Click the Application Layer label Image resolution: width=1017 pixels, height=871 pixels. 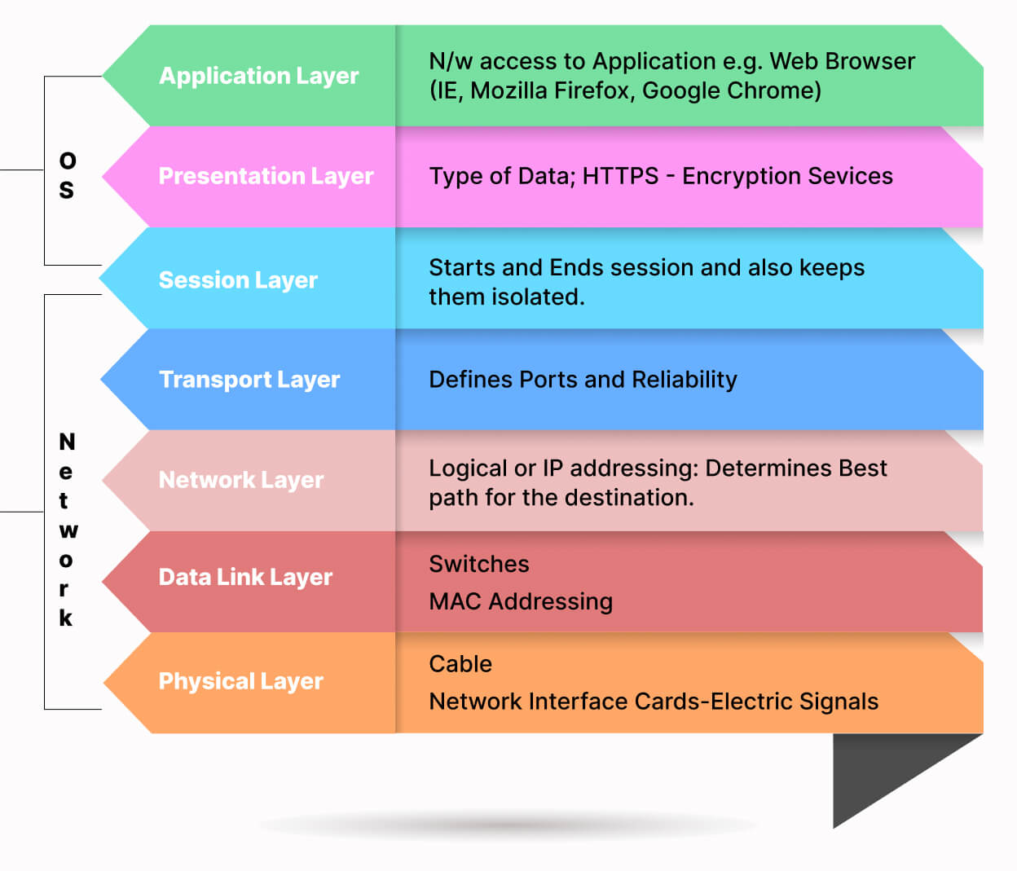(258, 76)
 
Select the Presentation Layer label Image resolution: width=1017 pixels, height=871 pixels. (266, 176)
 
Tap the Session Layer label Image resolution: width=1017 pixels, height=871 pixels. (238, 279)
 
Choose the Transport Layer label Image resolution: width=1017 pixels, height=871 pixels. (249, 380)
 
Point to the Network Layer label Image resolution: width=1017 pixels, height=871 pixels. (241, 480)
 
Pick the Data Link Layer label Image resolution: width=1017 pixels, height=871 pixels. (245, 577)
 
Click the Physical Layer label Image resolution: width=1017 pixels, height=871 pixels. (240, 681)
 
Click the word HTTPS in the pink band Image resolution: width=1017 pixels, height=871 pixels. (620, 176)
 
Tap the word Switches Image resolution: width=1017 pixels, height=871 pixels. (479, 564)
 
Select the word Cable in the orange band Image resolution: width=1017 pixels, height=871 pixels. (460, 664)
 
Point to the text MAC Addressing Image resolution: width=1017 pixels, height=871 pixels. (521, 601)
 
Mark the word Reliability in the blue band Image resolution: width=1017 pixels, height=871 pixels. (684, 380)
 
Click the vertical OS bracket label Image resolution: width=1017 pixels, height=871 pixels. (67, 175)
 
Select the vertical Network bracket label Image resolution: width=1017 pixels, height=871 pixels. (66, 530)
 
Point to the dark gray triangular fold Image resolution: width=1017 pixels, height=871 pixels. (880, 770)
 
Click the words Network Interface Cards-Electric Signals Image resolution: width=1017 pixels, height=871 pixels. (654, 702)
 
